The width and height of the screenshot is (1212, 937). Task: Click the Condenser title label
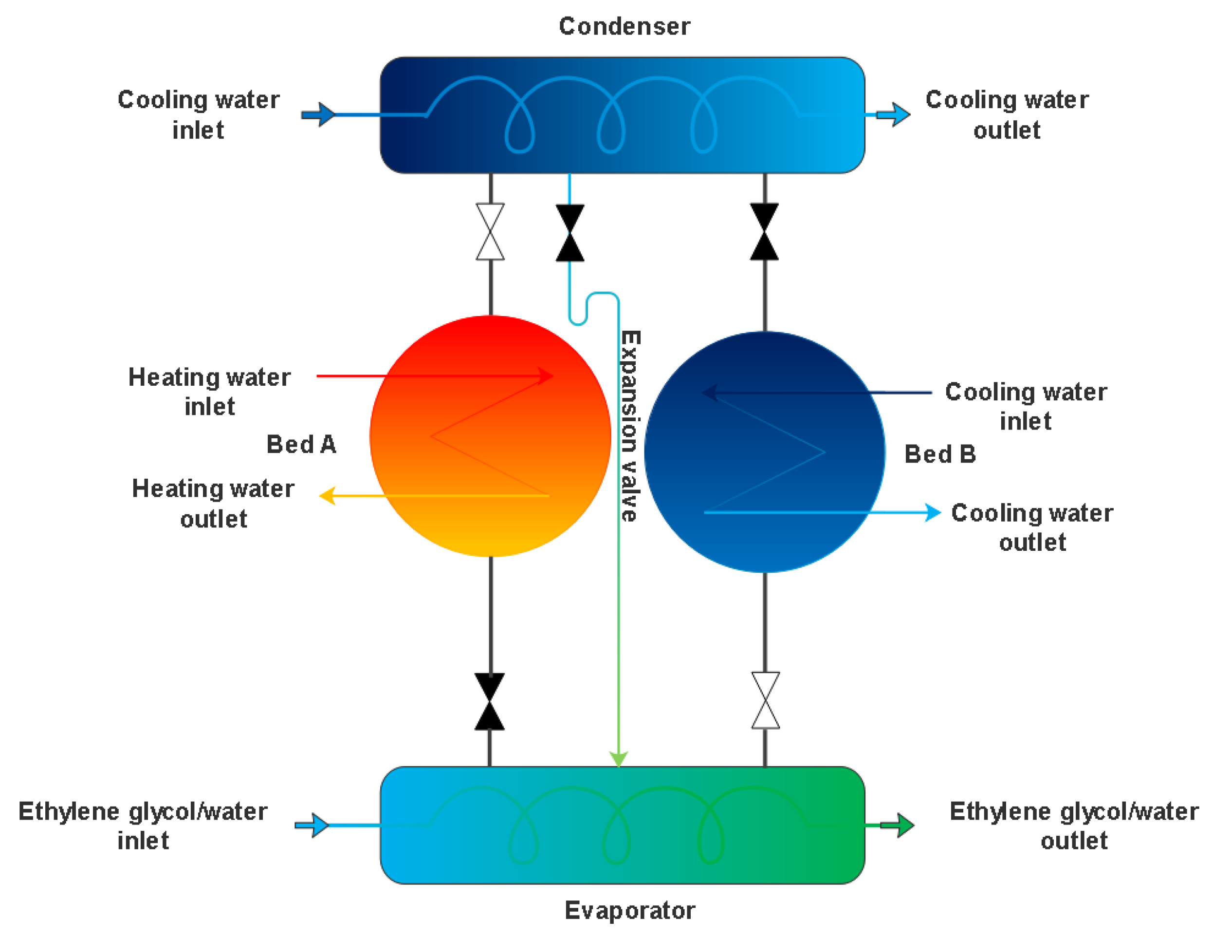tap(624, 26)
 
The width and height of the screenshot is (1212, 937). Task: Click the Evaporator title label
tap(630, 910)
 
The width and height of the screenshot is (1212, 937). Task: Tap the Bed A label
tap(301, 444)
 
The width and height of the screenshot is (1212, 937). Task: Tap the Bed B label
tap(940, 454)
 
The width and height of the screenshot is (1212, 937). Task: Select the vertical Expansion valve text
tap(630, 426)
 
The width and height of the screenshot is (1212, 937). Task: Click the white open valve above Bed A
tap(490, 231)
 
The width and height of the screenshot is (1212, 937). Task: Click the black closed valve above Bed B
tap(764, 231)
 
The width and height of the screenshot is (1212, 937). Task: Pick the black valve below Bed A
tap(490, 702)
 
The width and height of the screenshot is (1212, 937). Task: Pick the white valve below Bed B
tap(765, 700)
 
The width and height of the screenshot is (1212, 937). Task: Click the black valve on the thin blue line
tap(570, 233)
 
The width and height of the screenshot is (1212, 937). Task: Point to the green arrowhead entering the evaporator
tap(618, 759)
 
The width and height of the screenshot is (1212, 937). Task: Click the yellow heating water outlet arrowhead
tap(328, 496)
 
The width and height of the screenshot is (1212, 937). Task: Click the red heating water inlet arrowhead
tap(546, 376)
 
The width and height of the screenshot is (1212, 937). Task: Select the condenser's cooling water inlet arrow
tap(318, 115)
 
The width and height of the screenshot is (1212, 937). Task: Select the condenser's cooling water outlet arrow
tap(894, 115)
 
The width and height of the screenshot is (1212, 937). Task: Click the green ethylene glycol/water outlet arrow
tap(898, 825)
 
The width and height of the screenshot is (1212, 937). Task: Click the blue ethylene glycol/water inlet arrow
tap(312, 825)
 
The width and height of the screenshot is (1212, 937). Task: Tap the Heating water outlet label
tap(213, 504)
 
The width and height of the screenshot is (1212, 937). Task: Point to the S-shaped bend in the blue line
tap(587, 309)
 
